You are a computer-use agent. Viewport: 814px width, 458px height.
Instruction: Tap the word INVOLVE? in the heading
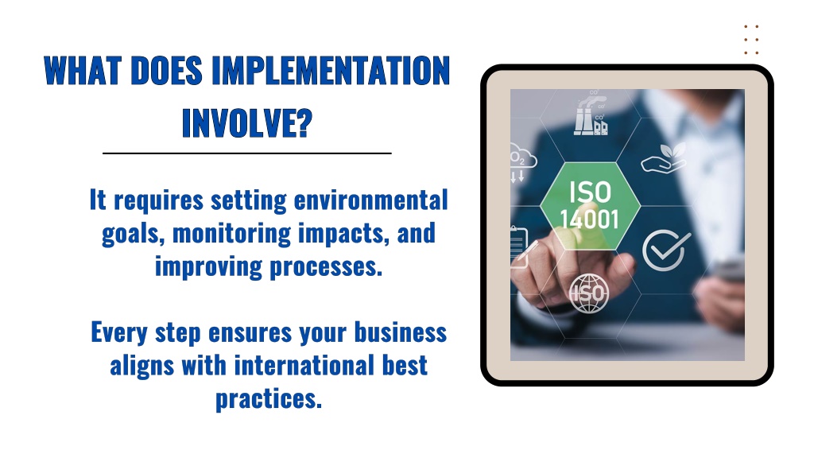(247, 122)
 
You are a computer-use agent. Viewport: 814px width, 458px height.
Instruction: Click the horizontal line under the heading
(247, 153)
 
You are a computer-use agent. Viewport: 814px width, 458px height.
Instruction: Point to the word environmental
(370, 200)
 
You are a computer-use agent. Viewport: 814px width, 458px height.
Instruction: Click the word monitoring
(231, 233)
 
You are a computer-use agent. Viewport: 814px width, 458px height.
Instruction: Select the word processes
(326, 267)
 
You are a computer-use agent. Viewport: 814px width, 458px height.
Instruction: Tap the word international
(304, 366)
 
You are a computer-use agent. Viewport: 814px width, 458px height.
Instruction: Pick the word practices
(269, 399)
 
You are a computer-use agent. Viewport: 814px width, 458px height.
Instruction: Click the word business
(401, 332)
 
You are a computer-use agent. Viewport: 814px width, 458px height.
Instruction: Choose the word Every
(119, 333)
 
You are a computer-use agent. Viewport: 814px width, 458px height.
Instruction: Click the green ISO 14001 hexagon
(591, 206)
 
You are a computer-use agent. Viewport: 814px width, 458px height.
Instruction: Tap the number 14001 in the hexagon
(590, 219)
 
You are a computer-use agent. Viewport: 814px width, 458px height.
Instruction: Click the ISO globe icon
(589, 293)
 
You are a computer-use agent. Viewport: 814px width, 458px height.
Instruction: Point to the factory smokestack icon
(591, 114)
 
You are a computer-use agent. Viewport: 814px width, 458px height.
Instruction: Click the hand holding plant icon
(663, 158)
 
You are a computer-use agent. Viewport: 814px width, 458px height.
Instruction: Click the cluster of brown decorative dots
(751, 40)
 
